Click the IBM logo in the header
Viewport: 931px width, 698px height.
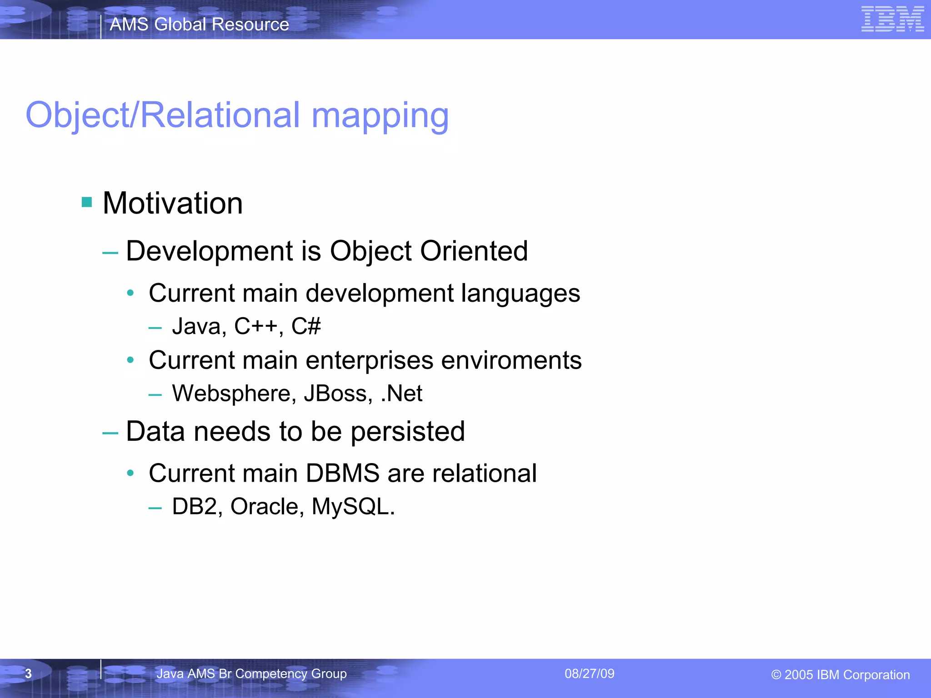[892, 19]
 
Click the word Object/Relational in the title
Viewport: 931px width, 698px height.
[163, 115]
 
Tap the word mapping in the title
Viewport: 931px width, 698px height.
[380, 116]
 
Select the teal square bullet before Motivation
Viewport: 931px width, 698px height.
[87, 202]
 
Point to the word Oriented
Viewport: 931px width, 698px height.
[474, 251]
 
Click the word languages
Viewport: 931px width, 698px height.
[521, 294]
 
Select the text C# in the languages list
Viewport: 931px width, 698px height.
[306, 326]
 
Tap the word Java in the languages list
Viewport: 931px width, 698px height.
[196, 327]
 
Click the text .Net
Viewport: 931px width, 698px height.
[401, 394]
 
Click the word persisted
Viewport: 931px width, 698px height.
[408, 431]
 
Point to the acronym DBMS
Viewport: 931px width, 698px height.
[342, 473]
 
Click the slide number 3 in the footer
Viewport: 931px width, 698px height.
[28, 673]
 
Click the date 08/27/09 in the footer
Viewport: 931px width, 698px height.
[589, 673]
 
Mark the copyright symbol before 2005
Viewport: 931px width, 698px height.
[776, 675]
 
